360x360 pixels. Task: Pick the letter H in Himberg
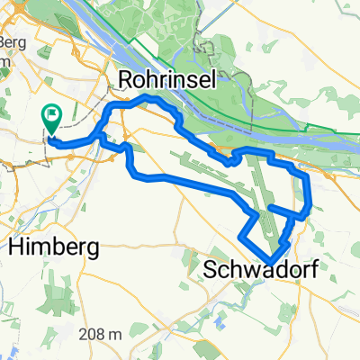(15, 245)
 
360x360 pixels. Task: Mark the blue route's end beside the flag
(52, 139)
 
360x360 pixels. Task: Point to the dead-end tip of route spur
(271, 209)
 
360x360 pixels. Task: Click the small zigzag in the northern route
(229, 160)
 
